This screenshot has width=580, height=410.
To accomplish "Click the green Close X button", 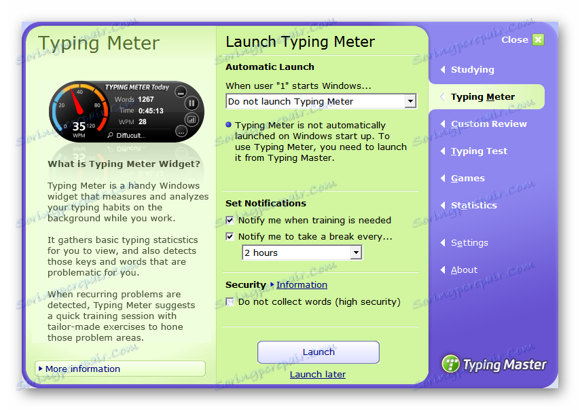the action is [538, 39].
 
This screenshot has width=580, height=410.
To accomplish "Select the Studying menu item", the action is [472, 70].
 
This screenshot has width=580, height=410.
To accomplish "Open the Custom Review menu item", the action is [488, 124].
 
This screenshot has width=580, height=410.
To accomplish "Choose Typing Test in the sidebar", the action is [479, 151].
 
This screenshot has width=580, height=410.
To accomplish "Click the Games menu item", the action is [467, 179].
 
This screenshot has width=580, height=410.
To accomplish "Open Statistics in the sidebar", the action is [474, 205].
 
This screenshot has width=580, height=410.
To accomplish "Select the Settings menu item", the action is [469, 243].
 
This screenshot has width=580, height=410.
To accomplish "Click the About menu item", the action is [464, 270].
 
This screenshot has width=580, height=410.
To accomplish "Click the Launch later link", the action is [318, 375].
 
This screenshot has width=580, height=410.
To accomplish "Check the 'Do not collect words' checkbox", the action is [230, 302].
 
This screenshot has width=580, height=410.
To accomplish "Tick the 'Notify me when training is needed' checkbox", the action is [230, 221].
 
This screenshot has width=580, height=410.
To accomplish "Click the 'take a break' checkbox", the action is [230, 237].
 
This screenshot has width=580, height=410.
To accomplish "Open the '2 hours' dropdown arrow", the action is [356, 253].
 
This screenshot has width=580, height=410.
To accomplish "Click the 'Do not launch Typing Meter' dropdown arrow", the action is [410, 101].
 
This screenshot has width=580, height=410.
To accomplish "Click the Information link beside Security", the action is [302, 284].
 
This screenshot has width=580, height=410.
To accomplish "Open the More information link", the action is [83, 369].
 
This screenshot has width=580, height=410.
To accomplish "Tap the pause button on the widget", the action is [192, 103].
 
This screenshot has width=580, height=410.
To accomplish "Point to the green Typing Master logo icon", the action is [450, 363].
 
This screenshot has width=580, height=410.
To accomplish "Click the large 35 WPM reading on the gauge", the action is [79, 126].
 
